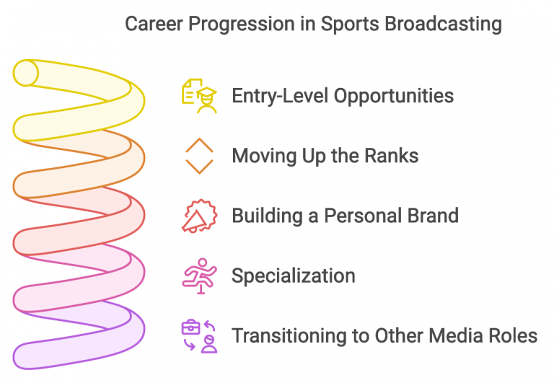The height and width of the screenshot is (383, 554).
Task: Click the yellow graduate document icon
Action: [x=199, y=96]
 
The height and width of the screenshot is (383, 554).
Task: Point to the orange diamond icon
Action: [x=200, y=155]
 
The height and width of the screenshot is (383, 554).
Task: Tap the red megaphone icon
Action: [x=198, y=215]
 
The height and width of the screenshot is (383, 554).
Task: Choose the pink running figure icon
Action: [x=199, y=276]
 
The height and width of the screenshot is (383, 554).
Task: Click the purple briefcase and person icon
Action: [x=199, y=335]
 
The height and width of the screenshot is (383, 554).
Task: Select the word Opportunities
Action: [x=395, y=96]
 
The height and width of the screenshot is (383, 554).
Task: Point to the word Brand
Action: [x=430, y=216]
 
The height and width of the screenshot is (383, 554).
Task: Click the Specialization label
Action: [x=293, y=276]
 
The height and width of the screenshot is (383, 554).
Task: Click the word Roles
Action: [x=511, y=335]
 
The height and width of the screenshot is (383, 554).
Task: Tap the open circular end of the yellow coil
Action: [x=25, y=73]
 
